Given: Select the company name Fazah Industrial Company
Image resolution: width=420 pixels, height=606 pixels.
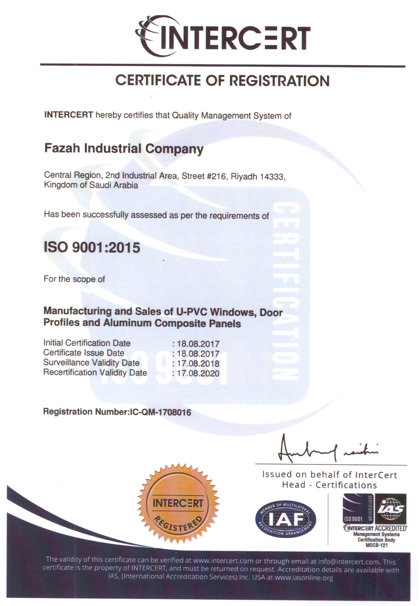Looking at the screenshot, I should pyautogui.click(x=124, y=149).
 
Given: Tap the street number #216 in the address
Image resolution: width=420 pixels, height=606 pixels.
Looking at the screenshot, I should pyautogui.click(x=217, y=176).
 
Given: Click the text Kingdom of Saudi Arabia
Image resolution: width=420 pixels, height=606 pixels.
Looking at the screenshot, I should pyautogui.click(x=91, y=185).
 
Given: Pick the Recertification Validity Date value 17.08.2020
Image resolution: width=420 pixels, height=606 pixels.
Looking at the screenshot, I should pyautogui.click(x=196, y=373).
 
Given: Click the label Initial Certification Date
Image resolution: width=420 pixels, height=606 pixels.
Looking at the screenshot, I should pyautogui.click(x=87, y=343).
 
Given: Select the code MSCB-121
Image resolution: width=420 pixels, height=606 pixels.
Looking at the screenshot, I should pyautogui.click(x=377, y=546).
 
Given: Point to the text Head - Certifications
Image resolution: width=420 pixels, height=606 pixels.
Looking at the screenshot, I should pyautogui.click(x=329, y=485).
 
